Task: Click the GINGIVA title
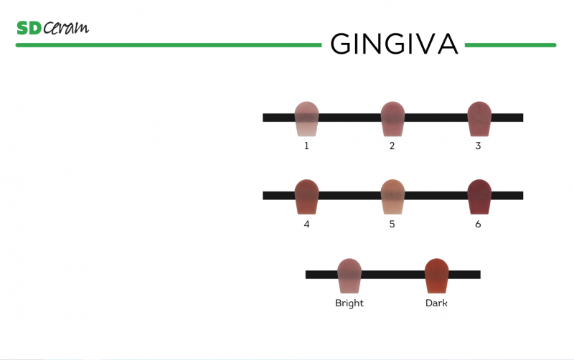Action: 393,44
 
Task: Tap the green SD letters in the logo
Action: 28,28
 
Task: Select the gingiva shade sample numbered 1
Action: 306,119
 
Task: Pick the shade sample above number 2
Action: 392,119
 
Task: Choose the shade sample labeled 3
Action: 479,119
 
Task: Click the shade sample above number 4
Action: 306,196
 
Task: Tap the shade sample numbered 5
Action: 392,196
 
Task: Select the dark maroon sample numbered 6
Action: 479,196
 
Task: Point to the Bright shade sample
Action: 349,275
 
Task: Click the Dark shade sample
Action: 436,275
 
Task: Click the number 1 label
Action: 306,146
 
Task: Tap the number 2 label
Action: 392,146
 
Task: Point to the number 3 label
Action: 479,146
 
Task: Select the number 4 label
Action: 306,224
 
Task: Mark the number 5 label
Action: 392,224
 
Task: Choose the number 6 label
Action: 479,224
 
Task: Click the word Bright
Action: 349,303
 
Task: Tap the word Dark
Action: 436,303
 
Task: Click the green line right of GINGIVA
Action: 510,45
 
